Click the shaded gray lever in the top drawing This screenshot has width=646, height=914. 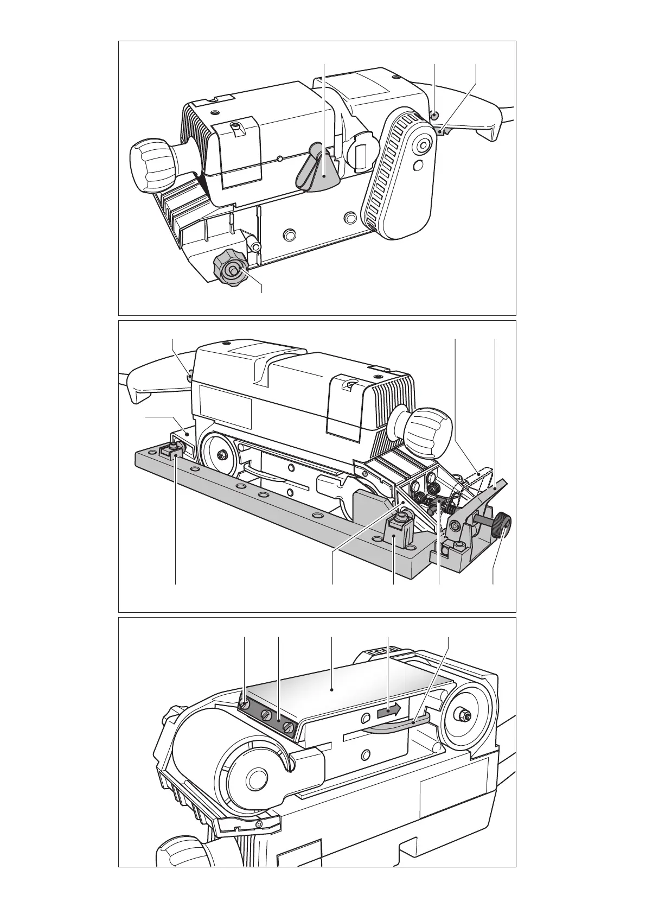[317, 173]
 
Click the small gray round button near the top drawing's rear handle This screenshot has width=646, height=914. [434, 115]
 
